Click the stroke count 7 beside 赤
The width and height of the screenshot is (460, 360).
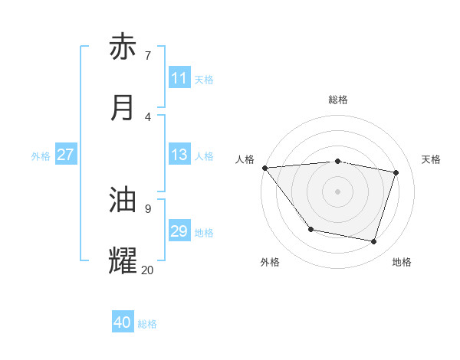[148, 55]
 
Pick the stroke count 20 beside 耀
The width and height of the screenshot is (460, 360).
[148, 270]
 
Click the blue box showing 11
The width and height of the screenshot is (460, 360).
[179, 78]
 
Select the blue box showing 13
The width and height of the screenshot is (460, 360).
[179, 155]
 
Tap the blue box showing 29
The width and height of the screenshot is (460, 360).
[179, 231]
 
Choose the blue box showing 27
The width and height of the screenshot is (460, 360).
[65, 155]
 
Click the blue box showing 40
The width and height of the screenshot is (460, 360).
[123, 323]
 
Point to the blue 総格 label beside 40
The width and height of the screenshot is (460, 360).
[147, 324]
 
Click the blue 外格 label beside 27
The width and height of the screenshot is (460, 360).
[41, 155]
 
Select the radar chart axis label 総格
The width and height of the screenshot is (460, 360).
[338, 100]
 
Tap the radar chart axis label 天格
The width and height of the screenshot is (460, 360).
[431, 159]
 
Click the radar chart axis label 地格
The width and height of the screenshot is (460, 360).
[402, 262]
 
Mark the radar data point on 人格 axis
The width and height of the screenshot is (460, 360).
[264, 168]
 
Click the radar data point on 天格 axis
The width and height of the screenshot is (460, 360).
[396, 172]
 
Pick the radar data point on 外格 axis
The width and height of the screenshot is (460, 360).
[310, 229]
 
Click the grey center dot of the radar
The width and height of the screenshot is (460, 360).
[338, 191]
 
